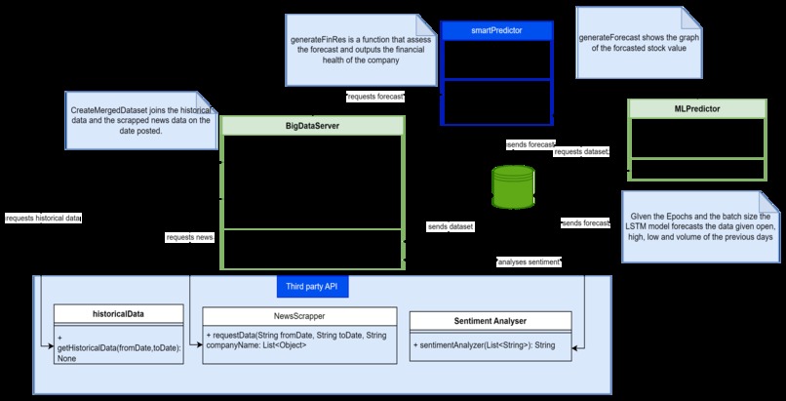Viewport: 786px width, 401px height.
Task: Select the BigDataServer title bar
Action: point(312,126)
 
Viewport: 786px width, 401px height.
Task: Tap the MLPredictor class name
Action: point(696,108)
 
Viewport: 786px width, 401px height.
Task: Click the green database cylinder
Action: point(513,186)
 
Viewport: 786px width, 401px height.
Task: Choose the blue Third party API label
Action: point(311,287)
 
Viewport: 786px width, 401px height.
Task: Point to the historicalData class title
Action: point(118,313)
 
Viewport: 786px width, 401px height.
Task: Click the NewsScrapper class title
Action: point(299,316)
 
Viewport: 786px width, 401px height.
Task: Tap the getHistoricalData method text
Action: point(118,347)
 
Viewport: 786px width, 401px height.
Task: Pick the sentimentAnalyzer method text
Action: point(485,345)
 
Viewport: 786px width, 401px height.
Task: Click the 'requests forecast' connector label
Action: point(375,98)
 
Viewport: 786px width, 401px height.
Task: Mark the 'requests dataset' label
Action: point(581,152)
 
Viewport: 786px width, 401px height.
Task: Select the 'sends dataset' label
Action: point(451,226)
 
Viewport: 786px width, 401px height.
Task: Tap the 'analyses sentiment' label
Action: point(529,262)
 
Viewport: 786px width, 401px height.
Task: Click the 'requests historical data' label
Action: point(43,218)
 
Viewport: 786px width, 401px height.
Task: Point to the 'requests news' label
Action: point(189,237)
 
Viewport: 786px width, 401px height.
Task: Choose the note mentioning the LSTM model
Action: point(699,226)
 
